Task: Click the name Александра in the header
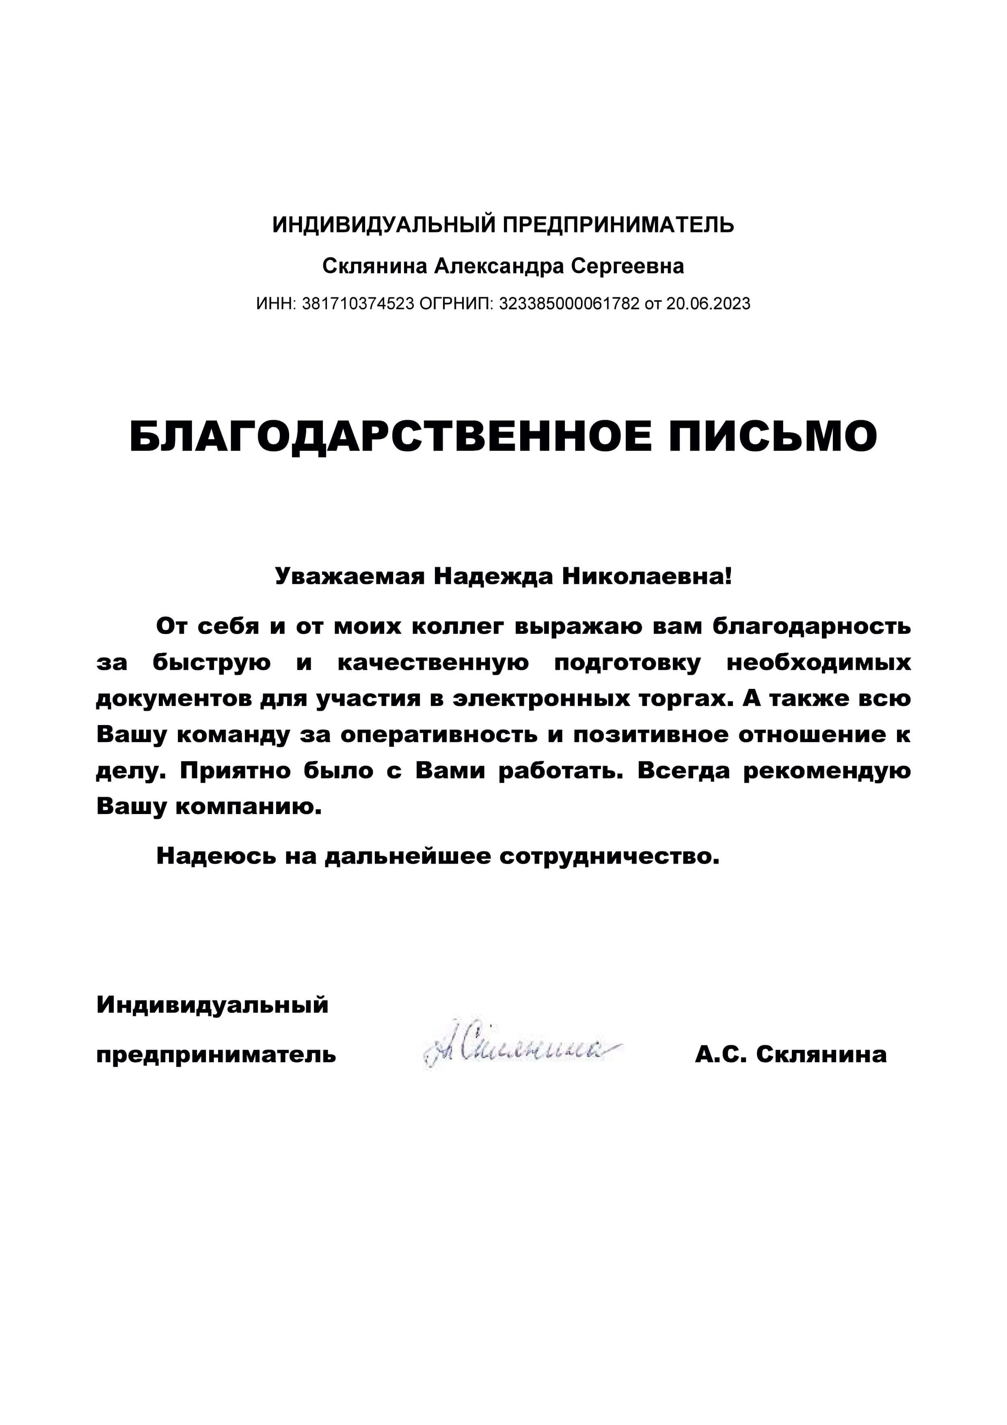click(x=499, y=266)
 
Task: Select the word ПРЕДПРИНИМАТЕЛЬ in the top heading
click(x=618, y=225)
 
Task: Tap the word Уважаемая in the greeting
click(x=349, y=576)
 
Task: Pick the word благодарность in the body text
click(x=812, y=626)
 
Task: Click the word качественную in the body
click(x=433, y=663)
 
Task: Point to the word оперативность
click(x=439, y=735)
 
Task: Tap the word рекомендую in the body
click(x=827, y=771)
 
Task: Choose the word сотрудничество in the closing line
click(x=609, y=856)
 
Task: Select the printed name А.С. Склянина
click(x=791, y=1055)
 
